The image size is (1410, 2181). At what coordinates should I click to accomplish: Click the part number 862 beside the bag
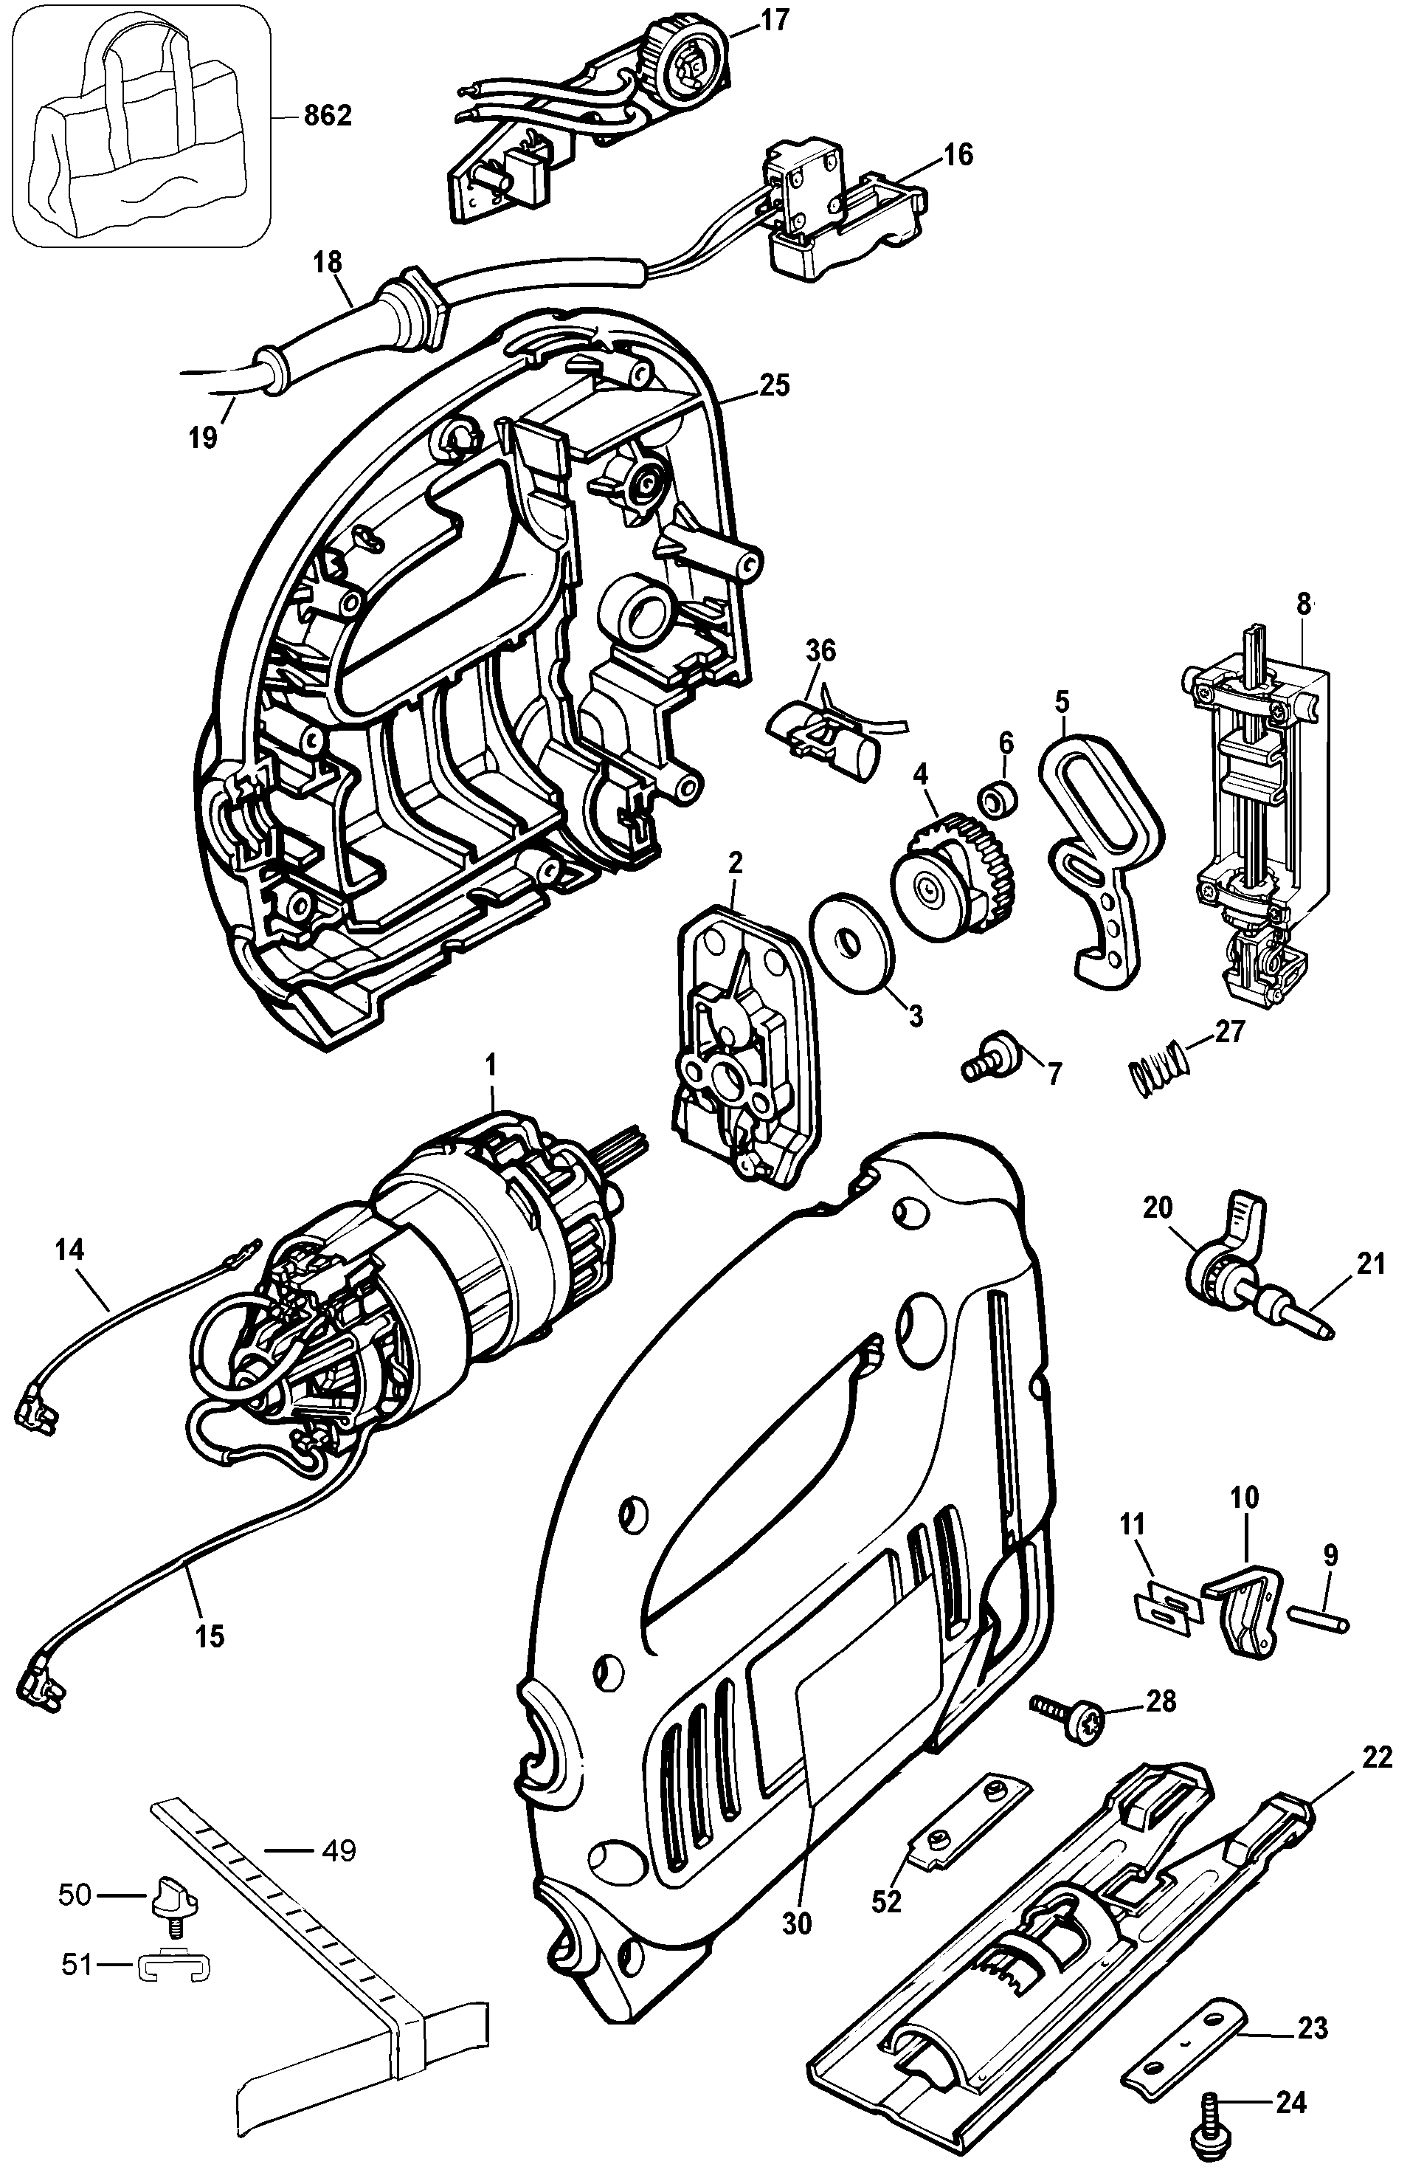click(327, 117)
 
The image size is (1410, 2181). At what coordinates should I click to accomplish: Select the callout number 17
click(774, 20)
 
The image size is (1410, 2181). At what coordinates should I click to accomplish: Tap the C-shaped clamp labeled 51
click(175, 1968)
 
